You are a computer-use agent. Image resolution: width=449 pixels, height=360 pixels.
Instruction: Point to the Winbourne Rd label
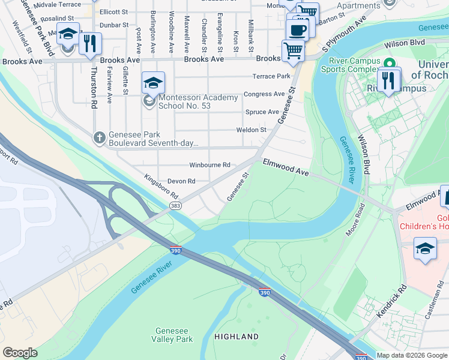tap(209, 165)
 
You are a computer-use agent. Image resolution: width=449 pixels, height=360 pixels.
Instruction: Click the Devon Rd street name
tap(181, 181)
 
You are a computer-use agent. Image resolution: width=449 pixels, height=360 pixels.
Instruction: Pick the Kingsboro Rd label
tap(161, 187)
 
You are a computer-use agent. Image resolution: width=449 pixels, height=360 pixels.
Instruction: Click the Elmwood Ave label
tap(285, 167)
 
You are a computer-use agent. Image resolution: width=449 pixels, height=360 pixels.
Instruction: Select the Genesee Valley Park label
tap(174, 335)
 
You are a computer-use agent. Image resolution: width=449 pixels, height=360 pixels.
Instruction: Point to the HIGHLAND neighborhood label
tap(237, 337)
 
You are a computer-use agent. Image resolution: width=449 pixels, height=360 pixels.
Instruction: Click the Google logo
tap(20, 353)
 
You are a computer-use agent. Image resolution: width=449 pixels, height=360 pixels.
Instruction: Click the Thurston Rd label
tap(94, 88)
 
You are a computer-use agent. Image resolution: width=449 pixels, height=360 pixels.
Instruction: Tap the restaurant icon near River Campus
tap(389, 81)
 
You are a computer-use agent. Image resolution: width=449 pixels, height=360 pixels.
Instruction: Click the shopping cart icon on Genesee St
tap(293, 51)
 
